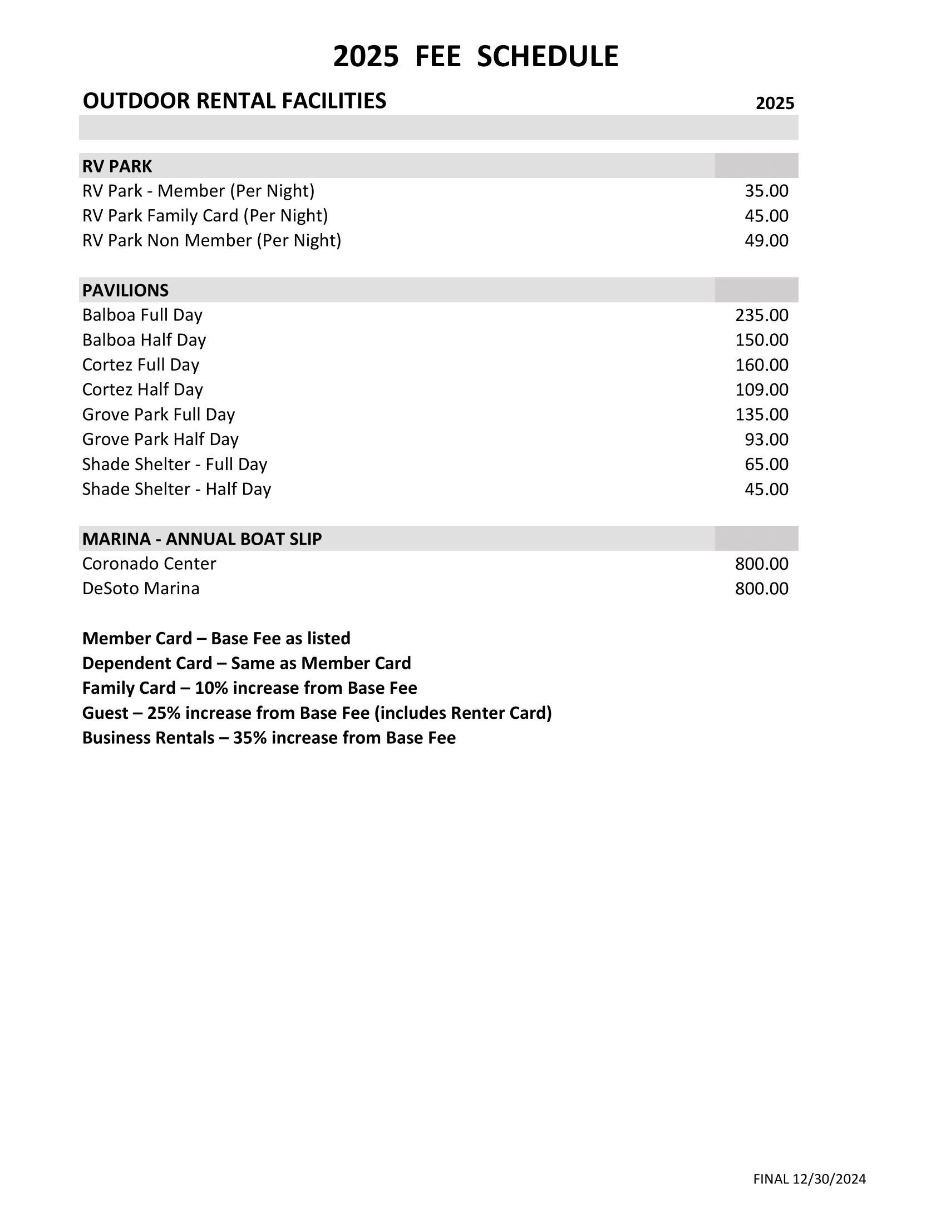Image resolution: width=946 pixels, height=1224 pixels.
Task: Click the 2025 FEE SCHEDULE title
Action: click(475, 57)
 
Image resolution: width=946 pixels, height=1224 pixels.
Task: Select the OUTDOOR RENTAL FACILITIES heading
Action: click(234, 101)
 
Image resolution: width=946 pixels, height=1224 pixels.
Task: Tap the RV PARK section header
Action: click(117, 166)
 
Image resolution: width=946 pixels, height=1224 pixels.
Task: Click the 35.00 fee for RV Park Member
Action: click(766, 191)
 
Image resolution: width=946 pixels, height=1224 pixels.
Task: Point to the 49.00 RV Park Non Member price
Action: click(766, 240)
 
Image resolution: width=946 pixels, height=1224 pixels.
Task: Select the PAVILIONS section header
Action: click(126, 290)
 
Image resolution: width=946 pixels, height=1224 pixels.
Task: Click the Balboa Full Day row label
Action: click(142, 315)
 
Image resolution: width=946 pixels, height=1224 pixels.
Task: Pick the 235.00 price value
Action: click(762, 315)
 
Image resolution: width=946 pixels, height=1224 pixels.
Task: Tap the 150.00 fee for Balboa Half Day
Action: click(762, 339)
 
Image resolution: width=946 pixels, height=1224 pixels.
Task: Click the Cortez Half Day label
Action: click(142, 389)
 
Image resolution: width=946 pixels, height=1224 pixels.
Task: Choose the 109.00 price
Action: click(762, 389)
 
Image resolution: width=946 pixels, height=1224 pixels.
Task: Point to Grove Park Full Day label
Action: click(159, 414)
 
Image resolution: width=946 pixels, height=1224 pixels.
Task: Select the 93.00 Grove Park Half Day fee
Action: click(766, 440)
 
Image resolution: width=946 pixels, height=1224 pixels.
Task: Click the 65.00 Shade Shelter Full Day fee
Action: click(766, 464)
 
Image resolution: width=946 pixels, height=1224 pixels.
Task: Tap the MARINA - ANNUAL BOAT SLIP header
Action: click(203, 539)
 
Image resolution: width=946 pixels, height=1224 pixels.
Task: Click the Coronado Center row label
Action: click(149, 564)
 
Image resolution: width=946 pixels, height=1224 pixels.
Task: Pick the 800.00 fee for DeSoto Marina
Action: click(762, 589)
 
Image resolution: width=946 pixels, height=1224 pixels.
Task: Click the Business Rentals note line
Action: click(269, 738)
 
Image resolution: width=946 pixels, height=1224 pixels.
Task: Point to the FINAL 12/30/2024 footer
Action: click(809, 1179)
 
